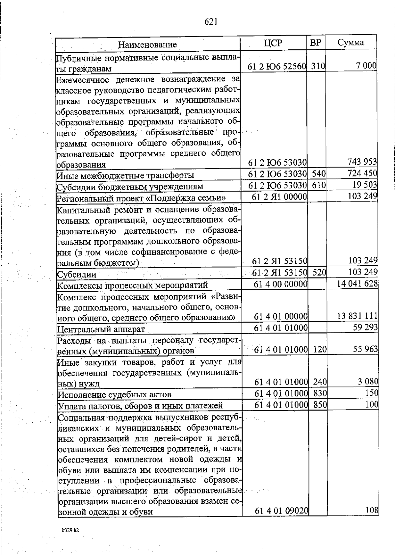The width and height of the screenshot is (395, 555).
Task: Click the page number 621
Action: point(211,22)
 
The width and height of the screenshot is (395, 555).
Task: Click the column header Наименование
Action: point(147,44)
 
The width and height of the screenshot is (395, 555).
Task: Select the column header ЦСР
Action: point(273,43)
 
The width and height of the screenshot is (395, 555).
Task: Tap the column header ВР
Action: point(316,43)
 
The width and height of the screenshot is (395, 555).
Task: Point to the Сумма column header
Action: point(351,42)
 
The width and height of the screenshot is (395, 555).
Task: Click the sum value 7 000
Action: point(366,66)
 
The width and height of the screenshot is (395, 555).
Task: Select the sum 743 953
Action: point(362,162)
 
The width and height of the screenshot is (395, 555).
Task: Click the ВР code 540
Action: point(318,173)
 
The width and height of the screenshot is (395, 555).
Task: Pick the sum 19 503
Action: point(364,185)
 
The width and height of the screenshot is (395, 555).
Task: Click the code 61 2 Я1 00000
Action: point(279,197)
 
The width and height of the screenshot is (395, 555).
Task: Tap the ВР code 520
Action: point(319,272)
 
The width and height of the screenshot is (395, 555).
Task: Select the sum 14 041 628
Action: point(357,283)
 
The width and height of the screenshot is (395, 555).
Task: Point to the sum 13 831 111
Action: point(357,316)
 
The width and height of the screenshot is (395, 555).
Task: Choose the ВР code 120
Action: point(320,349)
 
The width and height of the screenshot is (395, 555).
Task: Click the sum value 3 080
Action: point(368,382)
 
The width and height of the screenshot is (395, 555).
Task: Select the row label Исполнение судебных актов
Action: point(115,394)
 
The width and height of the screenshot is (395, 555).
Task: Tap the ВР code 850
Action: point(320,405)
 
